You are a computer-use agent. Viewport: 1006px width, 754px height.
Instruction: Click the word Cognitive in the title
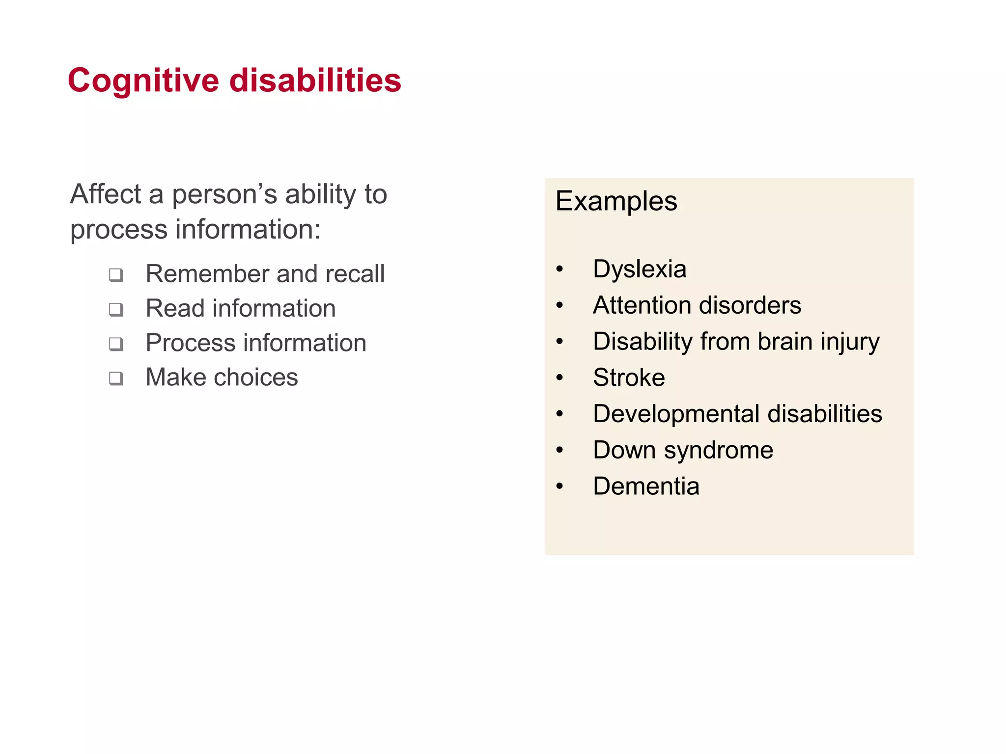click(143, 81)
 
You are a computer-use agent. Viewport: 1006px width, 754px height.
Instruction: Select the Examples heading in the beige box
click(616, 201)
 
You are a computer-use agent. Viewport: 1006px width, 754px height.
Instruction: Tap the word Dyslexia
click(639, 269)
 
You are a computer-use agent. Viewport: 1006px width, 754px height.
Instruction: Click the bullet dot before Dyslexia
click(559, 269)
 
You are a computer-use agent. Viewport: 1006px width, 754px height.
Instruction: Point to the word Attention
click(638, 305)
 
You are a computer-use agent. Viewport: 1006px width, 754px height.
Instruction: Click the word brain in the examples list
click(784, 341)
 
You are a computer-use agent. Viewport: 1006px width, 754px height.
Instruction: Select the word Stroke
click(629, 377)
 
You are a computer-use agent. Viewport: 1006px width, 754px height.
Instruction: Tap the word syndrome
click(718, 450)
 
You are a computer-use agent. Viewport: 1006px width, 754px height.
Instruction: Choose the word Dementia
click(646, 486)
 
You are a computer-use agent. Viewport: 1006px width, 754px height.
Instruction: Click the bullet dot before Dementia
click(559, 486)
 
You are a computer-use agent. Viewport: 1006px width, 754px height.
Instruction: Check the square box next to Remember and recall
click(116, 275)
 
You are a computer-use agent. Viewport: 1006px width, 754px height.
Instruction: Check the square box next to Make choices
click(116, 378)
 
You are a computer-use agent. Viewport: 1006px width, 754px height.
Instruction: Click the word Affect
click(106, 194)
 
